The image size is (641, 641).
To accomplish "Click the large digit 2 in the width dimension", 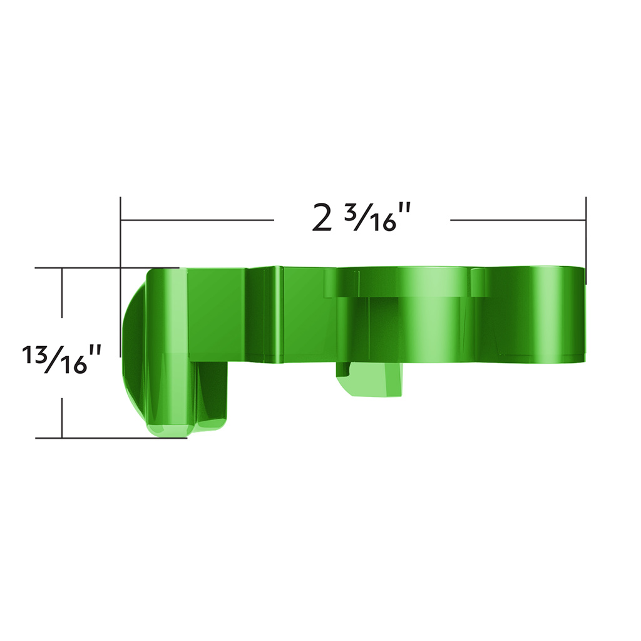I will [322, 218].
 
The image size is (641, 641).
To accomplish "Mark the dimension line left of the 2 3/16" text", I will [197, 220].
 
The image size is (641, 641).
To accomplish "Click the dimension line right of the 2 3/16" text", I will [518, 220].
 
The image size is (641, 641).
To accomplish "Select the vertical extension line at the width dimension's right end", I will [586, 232].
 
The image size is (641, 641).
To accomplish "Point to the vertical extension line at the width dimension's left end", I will [120, 232].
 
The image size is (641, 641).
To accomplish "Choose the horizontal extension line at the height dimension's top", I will [75, 268].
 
